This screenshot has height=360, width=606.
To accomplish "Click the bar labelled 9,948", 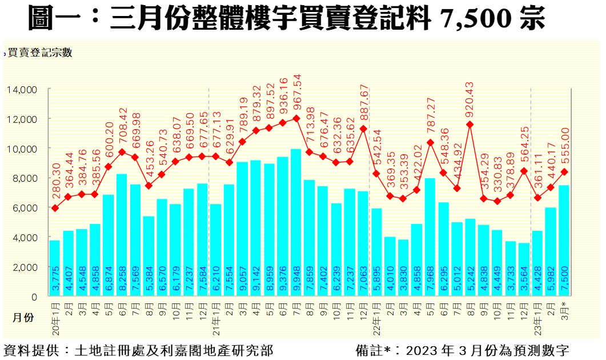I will [x=296, y=223].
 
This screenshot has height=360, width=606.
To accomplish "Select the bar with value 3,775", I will [x=55, y=269].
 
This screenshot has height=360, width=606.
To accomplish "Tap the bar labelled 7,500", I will [x=564, y=241].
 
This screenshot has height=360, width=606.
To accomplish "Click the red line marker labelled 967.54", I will [x=296, y=118].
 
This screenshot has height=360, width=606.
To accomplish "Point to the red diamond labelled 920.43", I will [x=469, y=124].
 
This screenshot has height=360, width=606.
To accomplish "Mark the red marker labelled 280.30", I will [x=55, y=208].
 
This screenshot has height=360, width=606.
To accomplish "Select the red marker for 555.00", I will [x=564, y=171].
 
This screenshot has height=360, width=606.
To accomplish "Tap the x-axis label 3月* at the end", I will [x=564, y=313].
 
